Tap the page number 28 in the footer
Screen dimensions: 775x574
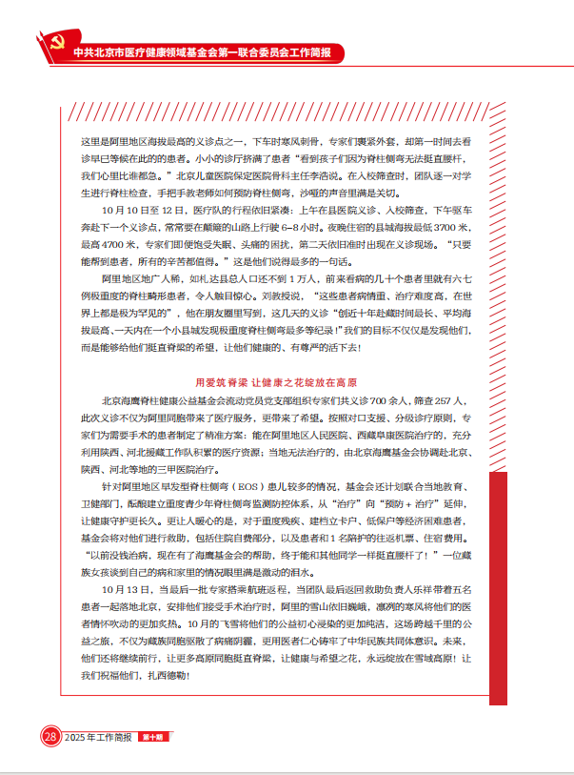point(49,736)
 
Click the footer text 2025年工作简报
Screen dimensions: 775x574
point(101,737)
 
